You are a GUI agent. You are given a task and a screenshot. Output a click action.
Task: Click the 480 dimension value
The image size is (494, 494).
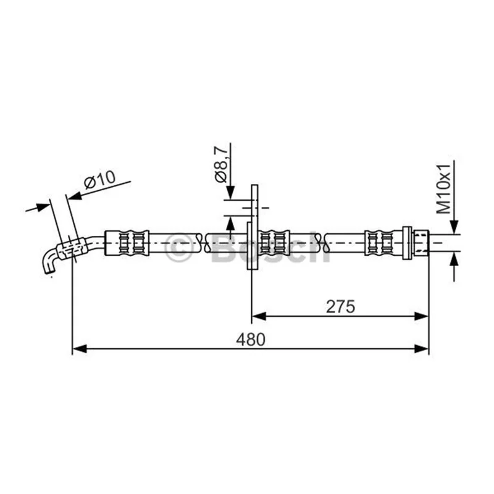[251, 339]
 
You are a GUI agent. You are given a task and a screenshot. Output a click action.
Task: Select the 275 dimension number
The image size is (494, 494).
[340, 306]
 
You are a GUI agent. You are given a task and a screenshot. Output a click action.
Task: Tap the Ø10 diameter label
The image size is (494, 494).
[99, 180]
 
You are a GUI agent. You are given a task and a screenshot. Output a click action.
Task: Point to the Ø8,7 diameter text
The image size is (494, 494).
[221, 164]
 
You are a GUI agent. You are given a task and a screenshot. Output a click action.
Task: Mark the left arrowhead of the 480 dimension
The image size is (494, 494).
[80, 349]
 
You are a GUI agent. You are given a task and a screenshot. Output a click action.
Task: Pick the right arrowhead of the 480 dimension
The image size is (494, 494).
[422, 349]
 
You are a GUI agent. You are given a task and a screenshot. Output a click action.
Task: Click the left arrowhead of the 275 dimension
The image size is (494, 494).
[259, 316]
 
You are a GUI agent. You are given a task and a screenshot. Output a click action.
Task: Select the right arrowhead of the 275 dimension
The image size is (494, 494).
[422, 316]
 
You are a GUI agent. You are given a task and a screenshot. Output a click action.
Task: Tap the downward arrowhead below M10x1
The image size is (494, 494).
[454, 227]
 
